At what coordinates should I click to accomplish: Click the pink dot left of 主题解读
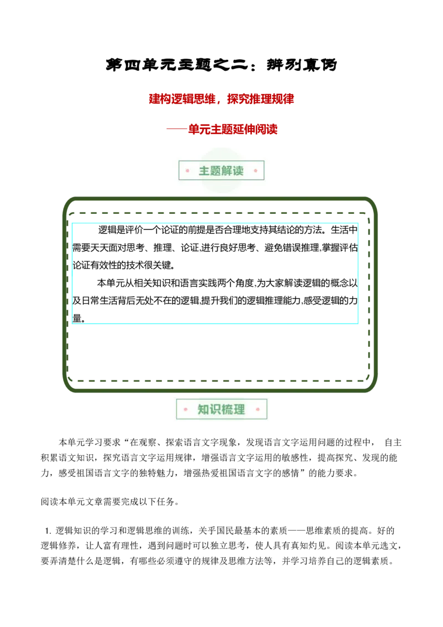(x=187, y=171)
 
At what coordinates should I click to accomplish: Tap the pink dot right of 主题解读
(x=255, y=171)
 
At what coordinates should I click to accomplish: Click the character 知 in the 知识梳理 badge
(x=203, y=410)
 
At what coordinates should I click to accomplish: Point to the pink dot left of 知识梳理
(x=186, y=410)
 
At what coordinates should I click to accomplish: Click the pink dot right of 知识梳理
(x=257, y=410)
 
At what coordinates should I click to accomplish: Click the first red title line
(x=221, y=100)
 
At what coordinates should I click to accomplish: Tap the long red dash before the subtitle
(x=175, y=130)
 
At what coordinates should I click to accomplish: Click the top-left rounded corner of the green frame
(x=68, y=201)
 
